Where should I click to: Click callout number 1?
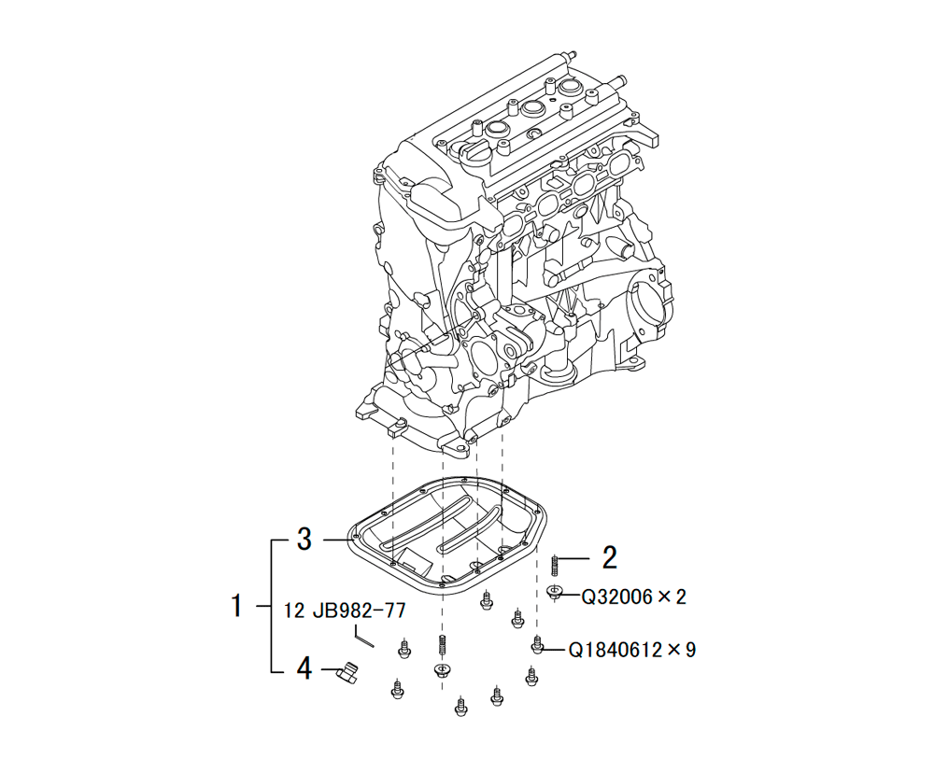click(x=237, y=606)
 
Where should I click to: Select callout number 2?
click(x=609, y=558)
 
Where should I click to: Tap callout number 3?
click(x=304, y=540)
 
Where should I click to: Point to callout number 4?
click(x=304, y=668)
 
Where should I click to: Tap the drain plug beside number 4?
click(x=347, y=671)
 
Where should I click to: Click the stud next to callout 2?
click(x=554, y=565)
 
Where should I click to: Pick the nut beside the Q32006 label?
click(x=555, y=592)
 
